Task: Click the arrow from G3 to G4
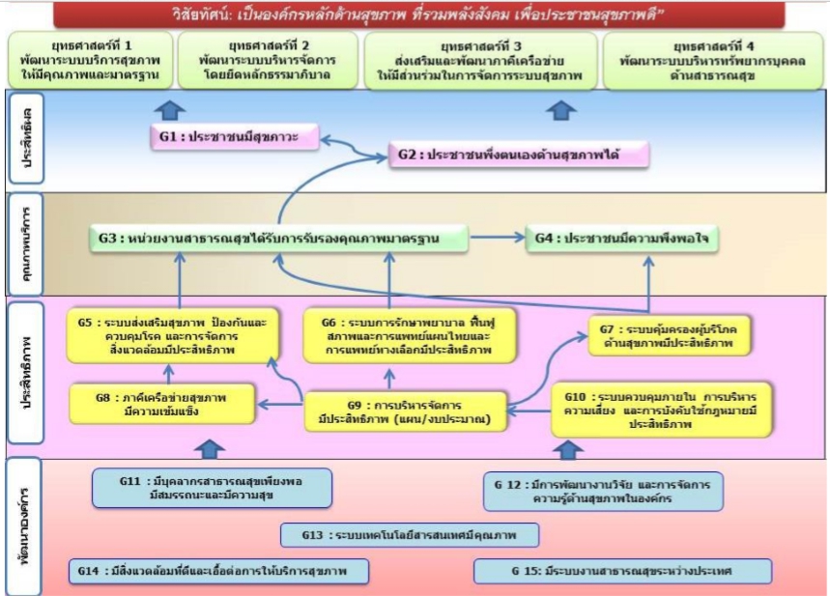(x=498, y=237)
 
